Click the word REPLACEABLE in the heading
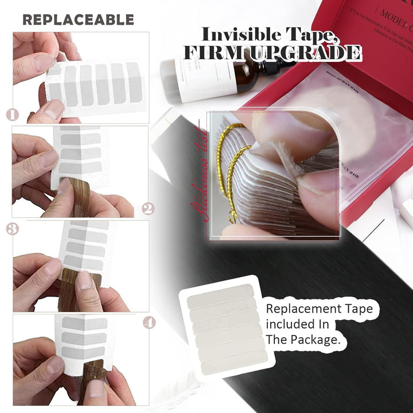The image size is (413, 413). [x=78, y=20]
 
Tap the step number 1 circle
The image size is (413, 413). [x=13, y=114]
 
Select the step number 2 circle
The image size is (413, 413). [x=147, y=208]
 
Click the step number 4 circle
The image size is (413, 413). [x=149, y=323]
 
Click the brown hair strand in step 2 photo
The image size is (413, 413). [x=80, y=198]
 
